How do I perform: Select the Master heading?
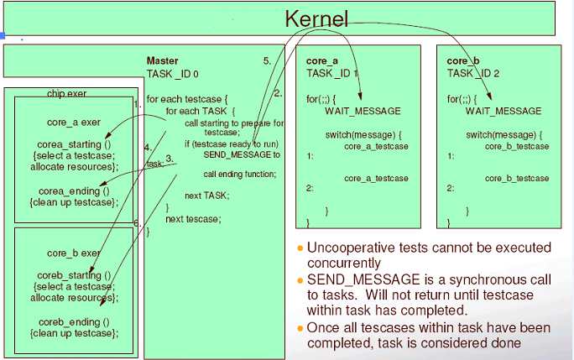click(x=162, y=60)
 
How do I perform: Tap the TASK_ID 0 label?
click(x=172, y=73)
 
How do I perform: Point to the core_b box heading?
click(x=464, y=61)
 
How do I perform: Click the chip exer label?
click(x=66, y=93)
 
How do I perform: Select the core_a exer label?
click(x=74, y=123)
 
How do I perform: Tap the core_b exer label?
click(x=74, y=253)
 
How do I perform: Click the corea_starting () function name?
click(x=75, y=144)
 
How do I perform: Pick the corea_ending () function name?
click(x=75, y=190)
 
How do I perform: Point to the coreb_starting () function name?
click(x=75, y=275)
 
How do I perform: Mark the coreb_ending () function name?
click(x=75, y=321)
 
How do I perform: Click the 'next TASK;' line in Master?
click(x=207, y=195)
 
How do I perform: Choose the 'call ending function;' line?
click(x=240, y=175)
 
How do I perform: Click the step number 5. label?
click(x=267, y=61)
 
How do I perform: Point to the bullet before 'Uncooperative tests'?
click(x=300, y=248)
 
